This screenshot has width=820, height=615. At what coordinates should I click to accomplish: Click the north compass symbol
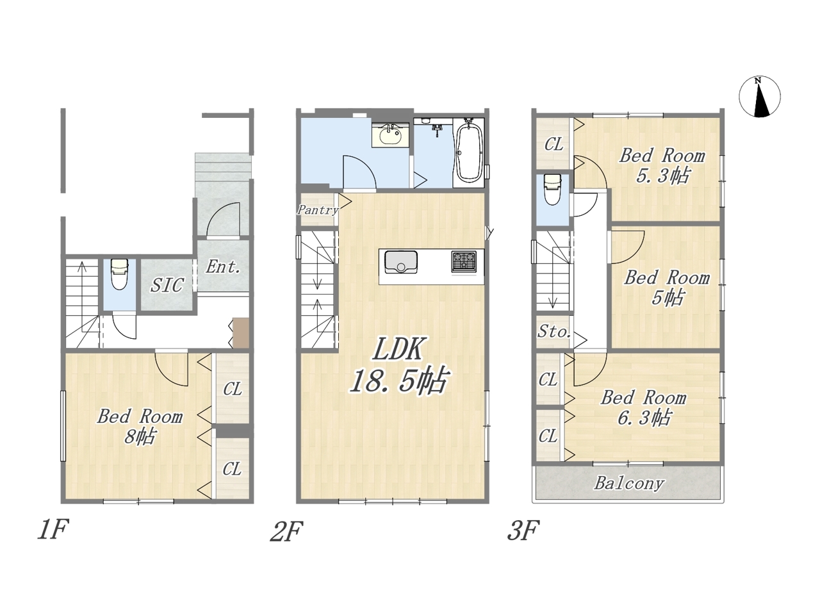[760, 96]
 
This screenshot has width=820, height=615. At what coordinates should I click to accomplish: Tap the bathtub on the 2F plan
[468, 152]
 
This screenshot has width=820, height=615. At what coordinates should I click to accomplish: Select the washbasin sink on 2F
[391, 135]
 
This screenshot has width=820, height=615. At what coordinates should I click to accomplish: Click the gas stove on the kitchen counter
[464, 261]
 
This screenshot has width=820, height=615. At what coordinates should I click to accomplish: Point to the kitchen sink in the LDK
[401, 262]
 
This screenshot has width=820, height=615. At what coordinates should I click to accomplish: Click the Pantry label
[318, 210]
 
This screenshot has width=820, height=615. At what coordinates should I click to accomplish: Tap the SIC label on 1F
[167, 285]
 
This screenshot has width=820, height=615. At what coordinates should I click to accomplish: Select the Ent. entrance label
[223, 266]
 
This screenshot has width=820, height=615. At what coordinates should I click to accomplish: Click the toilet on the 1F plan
[119, 274]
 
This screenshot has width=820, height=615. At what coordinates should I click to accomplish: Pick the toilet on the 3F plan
[552, 190]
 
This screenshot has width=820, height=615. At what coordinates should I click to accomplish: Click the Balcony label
[629, 484]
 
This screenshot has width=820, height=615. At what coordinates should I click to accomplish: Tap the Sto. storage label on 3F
[554, 332]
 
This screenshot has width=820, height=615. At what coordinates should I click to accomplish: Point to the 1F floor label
[53, 530]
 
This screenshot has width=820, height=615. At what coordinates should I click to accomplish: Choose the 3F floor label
[523, 530]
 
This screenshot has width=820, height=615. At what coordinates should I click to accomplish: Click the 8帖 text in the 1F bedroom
[140, 436]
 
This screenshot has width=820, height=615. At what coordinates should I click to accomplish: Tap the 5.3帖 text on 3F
[662, 176]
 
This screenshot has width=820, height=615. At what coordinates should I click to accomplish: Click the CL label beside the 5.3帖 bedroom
[553, 144]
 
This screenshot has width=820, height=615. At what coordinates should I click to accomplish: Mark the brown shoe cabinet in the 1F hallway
[241, 332]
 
